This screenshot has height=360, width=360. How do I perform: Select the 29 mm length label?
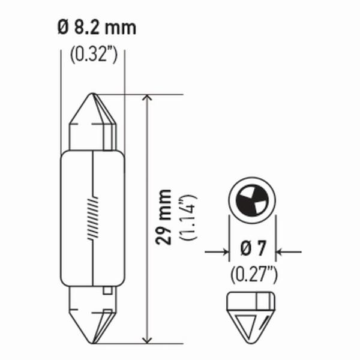click(163, 216)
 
